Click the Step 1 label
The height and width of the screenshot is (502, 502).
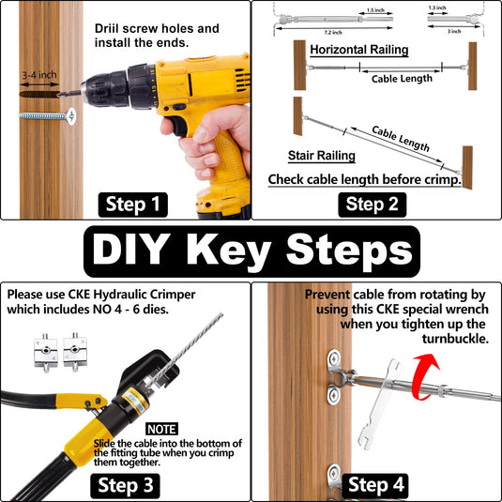pos(133,205)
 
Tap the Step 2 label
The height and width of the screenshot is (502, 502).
pos(372,205)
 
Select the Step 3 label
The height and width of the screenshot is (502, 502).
pos(125,485)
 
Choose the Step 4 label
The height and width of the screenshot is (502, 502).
pos(375,485)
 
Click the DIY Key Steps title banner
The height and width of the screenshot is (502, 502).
pos(252,251)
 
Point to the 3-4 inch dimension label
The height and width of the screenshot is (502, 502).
pos(39,75)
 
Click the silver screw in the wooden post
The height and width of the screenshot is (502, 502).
pos(48,116)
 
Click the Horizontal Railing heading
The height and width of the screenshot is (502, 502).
pos(358,50)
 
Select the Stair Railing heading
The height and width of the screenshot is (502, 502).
pos(322,156)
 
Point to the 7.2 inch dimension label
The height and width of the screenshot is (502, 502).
pos(333,32)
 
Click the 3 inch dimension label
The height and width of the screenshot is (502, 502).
pos(454,31)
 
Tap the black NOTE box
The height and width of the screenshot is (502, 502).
pos(162,429)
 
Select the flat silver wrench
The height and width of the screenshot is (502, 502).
pos(381,403)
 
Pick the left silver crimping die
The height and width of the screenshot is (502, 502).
pos(46,353)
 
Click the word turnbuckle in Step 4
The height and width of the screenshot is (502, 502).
pos(455,339)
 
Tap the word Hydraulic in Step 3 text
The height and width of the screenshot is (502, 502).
pos(120,295)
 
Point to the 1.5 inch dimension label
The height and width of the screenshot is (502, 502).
pos(375,10)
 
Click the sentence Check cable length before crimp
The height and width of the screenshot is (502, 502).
pos(365,179)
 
